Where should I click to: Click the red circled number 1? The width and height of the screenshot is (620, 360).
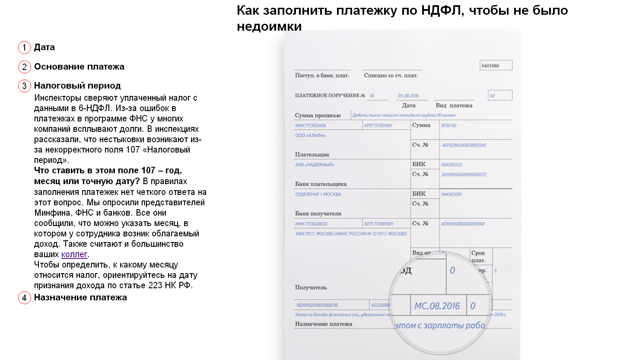(x=25, y=48)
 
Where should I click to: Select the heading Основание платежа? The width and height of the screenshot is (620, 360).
(x=79, y=67)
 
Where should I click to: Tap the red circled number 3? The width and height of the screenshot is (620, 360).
(x=25, y=86)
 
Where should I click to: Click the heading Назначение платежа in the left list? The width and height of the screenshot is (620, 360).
(x=80, y=297)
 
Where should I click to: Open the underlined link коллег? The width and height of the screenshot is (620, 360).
(x=74, y=254)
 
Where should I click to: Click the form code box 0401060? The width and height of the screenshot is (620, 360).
(x=496, y=66)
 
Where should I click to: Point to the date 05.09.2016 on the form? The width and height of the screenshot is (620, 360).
(x=408, y=96)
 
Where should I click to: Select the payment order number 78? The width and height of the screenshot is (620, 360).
(x=372, y=96)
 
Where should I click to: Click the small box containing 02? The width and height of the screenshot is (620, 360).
(x=499, y=96)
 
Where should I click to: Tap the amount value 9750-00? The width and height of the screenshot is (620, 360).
(x=448, y=125)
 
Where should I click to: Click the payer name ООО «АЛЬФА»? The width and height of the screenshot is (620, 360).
(x=310, y=135)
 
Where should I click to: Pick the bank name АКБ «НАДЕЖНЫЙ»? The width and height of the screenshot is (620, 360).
(x=315, y=165)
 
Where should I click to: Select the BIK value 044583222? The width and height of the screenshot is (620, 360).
(x=452, y=165)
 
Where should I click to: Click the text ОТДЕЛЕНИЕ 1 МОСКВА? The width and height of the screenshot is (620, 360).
(x=318, y=194)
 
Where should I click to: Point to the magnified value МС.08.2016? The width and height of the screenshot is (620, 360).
(x=437, y=306)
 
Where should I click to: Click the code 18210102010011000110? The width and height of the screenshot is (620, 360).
(x=317, y=305)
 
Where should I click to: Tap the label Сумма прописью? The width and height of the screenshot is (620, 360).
(x=318, y=115)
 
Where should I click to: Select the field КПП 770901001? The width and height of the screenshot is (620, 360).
(x=379, y=224)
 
